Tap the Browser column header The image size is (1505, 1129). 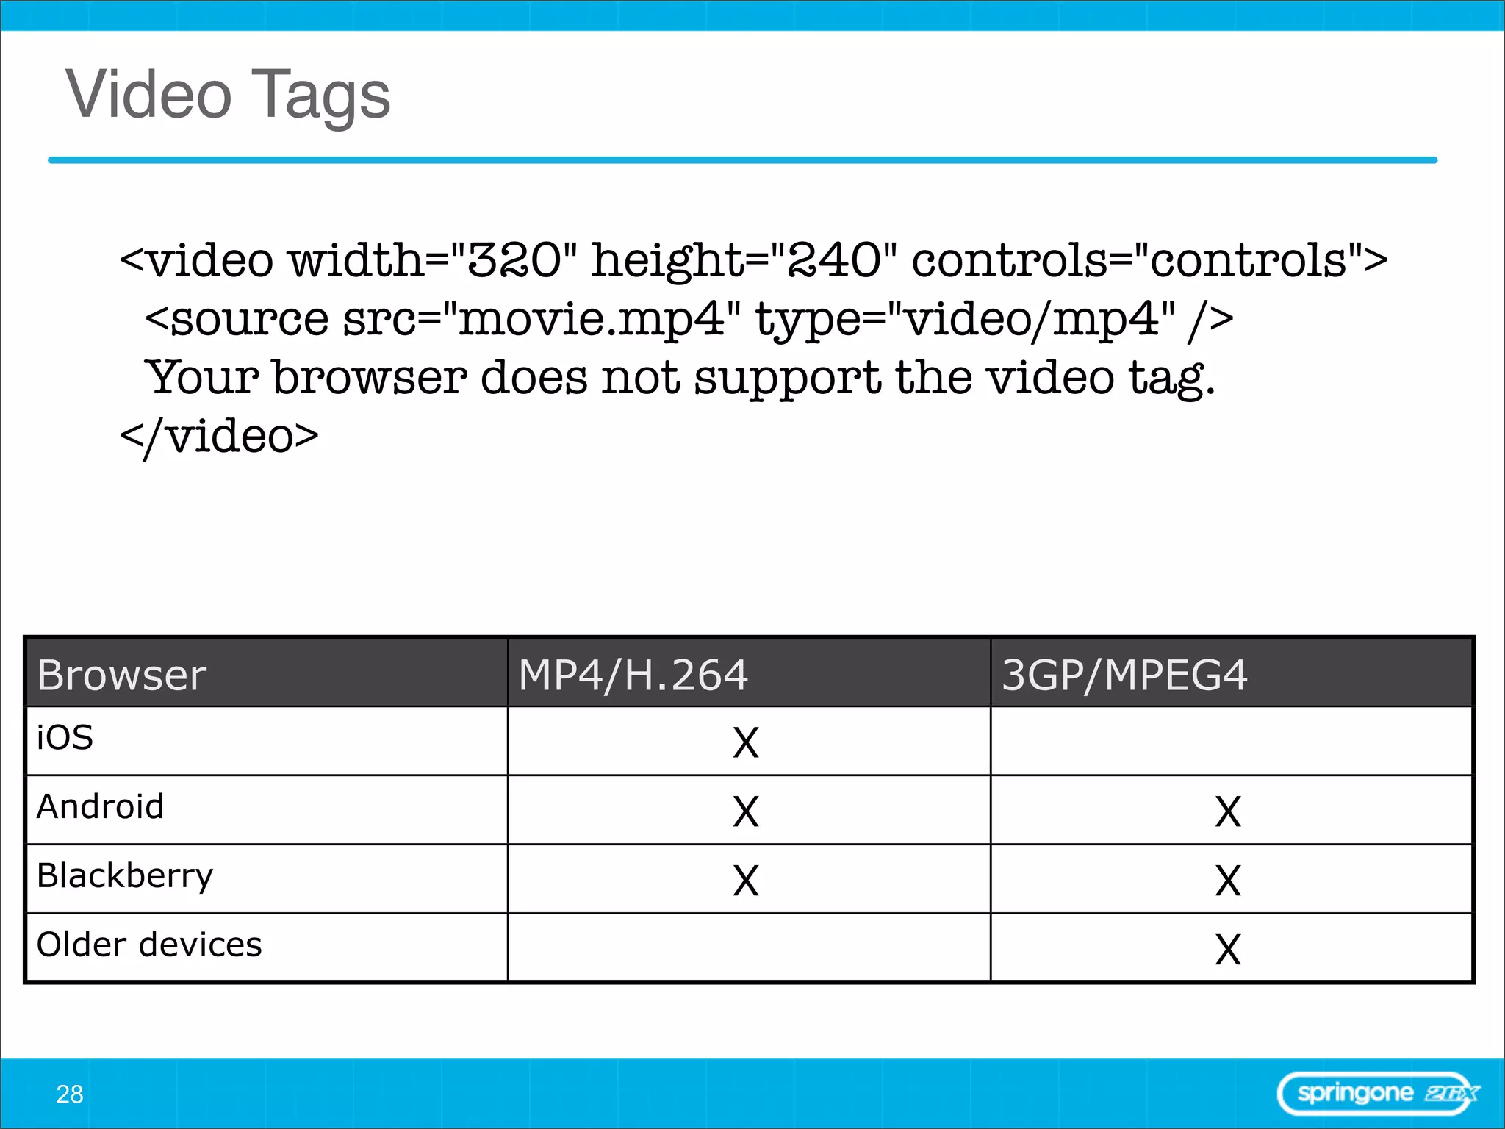coord(122,675)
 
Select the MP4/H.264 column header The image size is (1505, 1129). coord(633,675)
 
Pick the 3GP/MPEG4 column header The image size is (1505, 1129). coord(1124,675)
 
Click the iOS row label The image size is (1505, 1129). coord(65,737)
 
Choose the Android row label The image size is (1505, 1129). coord(100,806)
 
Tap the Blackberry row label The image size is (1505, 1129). coord(125,875)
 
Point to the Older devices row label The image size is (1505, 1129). coord(149,945)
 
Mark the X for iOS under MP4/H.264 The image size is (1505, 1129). coord(746,742)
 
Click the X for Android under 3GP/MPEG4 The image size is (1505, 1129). coord(1228,811)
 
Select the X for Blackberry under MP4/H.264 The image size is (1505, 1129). coord(746,881)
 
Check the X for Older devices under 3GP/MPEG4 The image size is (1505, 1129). coord(1228,950)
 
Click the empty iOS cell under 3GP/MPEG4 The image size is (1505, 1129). coord(1231,741)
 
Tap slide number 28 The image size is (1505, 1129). coord(70,1094)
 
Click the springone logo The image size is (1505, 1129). coord(1379,1094)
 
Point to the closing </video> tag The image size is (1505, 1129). coord(219,437)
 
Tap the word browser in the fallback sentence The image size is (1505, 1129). coord(370,378)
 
